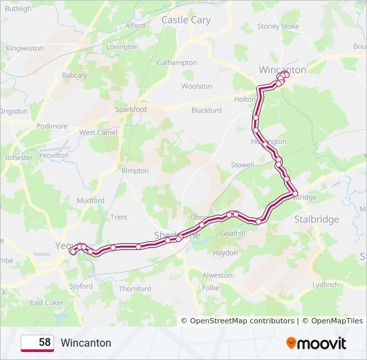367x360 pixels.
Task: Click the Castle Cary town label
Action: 186,20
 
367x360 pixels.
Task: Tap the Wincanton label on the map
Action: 282,69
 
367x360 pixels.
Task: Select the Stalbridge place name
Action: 316,219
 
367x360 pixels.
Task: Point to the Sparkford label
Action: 131,109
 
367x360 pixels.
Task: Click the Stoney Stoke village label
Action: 278,27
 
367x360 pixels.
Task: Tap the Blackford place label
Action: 206,110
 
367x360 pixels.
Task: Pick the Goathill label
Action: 233,233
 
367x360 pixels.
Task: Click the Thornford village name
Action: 135,289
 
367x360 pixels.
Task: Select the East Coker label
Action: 46,303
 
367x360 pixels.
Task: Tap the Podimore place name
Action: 52,126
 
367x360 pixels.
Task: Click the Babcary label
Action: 75,76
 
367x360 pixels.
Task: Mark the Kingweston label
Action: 25,49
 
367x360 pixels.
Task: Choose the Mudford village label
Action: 91,200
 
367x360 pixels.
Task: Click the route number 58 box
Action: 37,343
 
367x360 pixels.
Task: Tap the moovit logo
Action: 316,343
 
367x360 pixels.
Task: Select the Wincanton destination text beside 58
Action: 86,343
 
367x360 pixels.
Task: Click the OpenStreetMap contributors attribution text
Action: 242,321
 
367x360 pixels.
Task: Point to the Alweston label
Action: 217,275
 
